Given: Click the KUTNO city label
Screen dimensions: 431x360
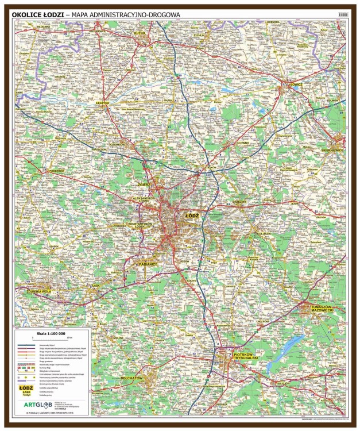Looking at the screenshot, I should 140,34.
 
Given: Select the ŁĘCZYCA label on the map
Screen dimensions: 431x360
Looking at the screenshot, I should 102,102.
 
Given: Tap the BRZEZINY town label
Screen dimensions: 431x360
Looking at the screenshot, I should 239,202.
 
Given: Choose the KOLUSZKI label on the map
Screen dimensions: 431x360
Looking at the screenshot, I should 264,233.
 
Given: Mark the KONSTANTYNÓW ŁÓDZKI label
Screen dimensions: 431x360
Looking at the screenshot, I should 140,225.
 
